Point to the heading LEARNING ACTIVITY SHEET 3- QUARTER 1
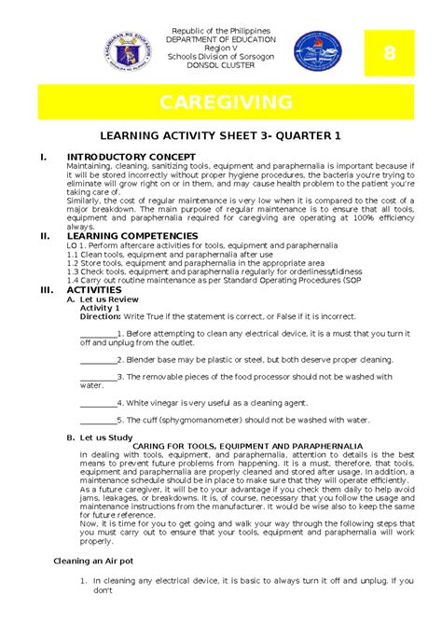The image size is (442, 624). [x=221, y=135]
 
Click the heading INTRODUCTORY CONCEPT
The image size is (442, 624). [x=130, y=156]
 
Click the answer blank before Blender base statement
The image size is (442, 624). [x=98, y=359]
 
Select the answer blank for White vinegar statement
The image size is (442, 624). [x=98, y=403]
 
